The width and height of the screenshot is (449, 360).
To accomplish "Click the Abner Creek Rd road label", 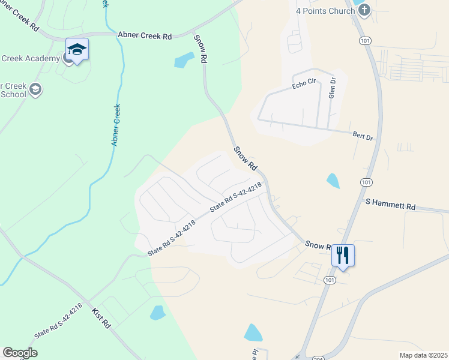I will (145, 36).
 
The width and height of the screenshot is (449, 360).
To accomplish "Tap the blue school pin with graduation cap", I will (77, 49).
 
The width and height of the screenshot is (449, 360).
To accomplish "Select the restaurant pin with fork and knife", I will (343, 255).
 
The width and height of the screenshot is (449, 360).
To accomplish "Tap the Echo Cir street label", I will (304, 84).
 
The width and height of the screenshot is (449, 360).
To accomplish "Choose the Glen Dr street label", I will (331, 88).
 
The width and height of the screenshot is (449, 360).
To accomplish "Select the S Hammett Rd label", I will (390, 206).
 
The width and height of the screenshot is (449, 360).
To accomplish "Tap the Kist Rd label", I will (101, 317).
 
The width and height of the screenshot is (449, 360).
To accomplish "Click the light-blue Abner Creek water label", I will (116, 125).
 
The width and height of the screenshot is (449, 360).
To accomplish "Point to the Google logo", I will (20, 353).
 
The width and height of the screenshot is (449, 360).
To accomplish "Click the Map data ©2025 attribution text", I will (423, 355).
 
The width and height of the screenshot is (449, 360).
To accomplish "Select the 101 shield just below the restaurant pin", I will (329, 280).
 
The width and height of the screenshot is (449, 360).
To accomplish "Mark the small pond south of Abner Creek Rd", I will (184, 60).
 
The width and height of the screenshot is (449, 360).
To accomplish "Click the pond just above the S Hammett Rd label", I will (333, 180).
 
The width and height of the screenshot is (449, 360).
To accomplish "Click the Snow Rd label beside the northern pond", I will (200, 49).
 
